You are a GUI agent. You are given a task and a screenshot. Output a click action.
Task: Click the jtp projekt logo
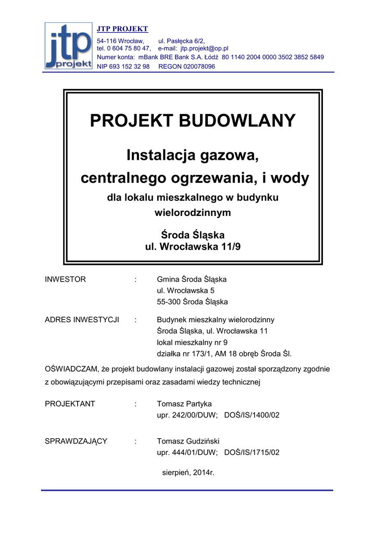[69, 46]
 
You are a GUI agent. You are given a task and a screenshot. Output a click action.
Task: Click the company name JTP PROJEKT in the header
[122, 29]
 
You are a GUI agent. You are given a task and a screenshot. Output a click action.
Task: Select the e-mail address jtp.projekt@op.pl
[205, 48]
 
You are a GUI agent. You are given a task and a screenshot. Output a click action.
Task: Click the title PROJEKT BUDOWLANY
[193, 121]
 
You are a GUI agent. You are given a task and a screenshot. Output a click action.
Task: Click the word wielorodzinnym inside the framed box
[193, 212]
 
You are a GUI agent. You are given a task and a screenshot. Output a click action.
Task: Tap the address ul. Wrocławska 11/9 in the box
[193, 247]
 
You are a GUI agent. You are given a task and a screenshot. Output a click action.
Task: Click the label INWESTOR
[65, 280]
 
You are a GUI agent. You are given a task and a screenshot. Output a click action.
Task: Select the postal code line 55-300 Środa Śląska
[192, 302]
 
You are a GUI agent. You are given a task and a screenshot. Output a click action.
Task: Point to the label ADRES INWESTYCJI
[82, 320]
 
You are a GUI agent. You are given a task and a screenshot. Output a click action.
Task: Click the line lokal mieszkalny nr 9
[192, 342]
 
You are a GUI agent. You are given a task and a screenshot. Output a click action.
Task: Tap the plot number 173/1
[200, 353]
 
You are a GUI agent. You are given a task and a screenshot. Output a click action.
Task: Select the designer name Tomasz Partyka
[184, 404]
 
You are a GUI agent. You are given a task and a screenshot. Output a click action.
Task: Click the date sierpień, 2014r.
[188, 473]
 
